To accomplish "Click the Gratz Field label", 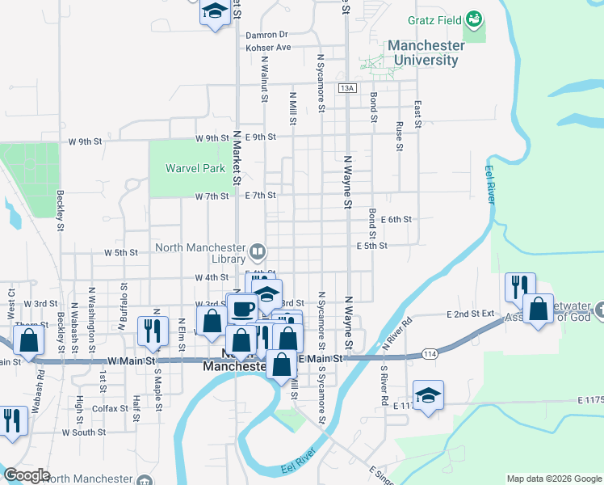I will (x=433, y=18).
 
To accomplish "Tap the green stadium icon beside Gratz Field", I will (x=475, y=17).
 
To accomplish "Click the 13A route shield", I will (x=347, y=87).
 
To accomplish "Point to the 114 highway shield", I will (x=430, y=355).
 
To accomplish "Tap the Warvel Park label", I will (x=195, y=169).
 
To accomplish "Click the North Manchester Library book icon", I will (x=258, y=249).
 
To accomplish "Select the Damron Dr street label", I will (x=267, y=35).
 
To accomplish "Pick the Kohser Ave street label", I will (x=268, y=48).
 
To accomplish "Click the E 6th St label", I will (x=396, y=219).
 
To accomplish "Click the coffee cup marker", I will (x=242, y=309).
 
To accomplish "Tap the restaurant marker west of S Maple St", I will (x=151, y=328).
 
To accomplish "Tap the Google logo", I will (x=27, y=474).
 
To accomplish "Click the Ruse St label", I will (x=399, y=136).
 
